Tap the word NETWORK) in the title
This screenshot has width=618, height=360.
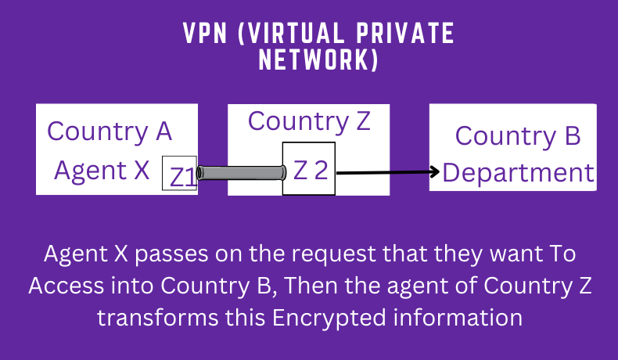coord(318,62)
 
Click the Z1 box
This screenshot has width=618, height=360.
coord(179,173)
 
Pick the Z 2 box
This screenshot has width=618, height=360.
coord(309,169)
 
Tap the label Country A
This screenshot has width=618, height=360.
coord(110,130)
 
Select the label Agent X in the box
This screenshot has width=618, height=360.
coord(102,170)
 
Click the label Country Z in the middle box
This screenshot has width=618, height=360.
coord(309,121)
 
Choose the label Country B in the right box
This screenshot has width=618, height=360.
coord(518,135)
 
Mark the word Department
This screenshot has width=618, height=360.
coord(519,172)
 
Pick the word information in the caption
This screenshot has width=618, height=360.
coord(472,319)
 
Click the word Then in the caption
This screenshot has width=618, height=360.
coord(310,286)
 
